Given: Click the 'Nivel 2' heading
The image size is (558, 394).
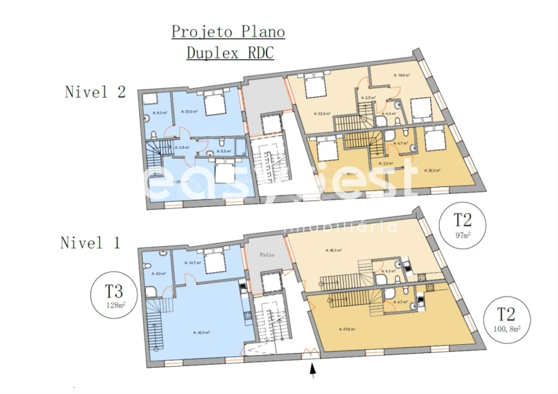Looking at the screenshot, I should [95, 91].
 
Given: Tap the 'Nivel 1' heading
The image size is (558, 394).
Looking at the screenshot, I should [90, 242].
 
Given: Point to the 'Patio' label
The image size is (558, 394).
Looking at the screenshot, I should [267, 255].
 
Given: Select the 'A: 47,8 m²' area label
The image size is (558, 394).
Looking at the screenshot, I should [348, 329].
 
